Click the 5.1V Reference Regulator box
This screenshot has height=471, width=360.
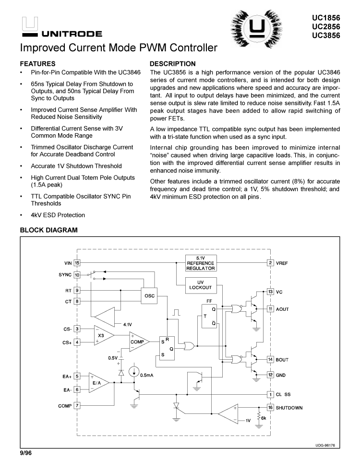tap(201, 263)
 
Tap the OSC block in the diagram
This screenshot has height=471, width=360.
tap(149, 296)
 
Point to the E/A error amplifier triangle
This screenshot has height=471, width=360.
tap(97, 382)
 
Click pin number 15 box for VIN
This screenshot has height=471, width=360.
tap(77, 263)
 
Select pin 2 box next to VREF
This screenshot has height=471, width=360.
tap(271, 263)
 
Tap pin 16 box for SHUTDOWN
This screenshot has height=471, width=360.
tap(271, 408)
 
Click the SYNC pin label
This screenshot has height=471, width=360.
tap(64, 275)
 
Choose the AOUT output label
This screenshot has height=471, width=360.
tap(283, 309)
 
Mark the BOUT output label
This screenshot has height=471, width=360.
tap(283, 360)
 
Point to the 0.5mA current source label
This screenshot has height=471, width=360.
tap(146, 375)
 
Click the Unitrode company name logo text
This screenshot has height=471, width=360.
tap(72, 34)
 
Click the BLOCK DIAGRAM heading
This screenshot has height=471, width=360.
tap(48, 230)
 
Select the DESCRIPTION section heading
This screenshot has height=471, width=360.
tap(173, 64)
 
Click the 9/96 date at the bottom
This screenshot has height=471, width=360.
tap(25, 453)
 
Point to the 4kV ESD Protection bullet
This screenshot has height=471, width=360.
tap(58, 215)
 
